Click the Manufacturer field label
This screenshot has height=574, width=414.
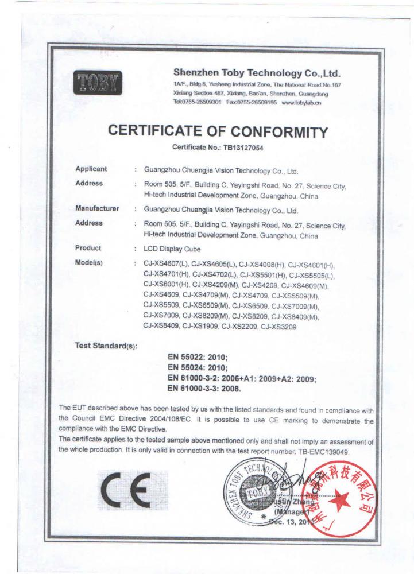97,209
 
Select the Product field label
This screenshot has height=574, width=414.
88,248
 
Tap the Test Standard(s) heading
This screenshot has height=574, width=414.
106,346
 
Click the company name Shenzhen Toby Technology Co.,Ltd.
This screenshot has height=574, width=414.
257,73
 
